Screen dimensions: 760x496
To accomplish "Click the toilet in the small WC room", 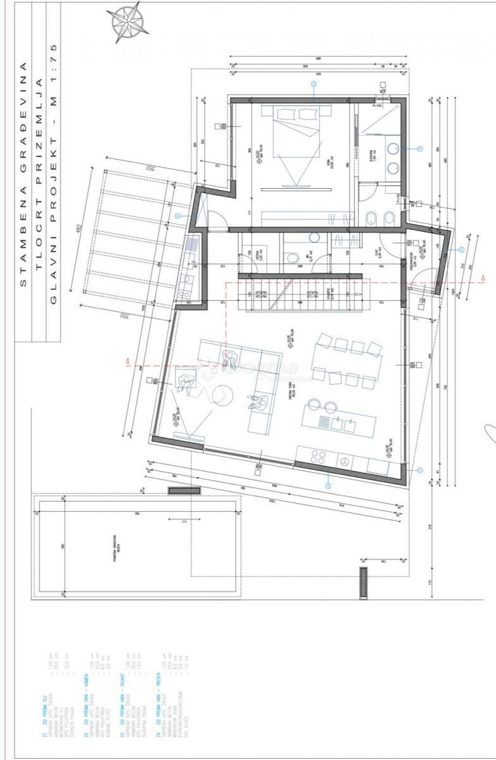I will (x=291, y=258).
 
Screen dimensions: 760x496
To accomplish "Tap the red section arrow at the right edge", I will (x=483, y=279).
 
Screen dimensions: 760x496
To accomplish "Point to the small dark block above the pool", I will (x=184, y=490).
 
